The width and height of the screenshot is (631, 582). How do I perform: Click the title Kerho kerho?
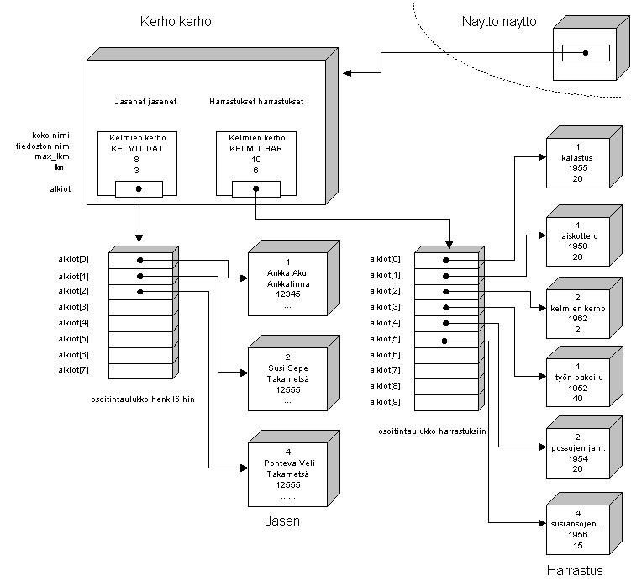pyautogui.click(x=175, y=23)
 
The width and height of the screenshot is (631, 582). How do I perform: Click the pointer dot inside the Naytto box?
pyautogui.click(x=586, y=53)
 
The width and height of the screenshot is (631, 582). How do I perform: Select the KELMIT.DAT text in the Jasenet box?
pyautogui.click(x=137, y=147)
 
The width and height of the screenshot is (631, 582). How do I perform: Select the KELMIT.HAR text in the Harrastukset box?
pyautogui.click(x=255, y=147)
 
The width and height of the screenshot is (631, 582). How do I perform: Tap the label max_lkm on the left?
pyautogui.click(x=50, y=156)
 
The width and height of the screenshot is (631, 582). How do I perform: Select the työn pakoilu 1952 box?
pyautogui.click(x=577, y=383)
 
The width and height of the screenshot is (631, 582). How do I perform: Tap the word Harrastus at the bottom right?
pyautogui.click(x=576, y=570)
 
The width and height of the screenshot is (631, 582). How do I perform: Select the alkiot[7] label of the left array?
pyautogui.click(x=73, y=369)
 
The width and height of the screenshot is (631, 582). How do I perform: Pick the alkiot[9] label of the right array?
pyautogui.click(x=386, y=402)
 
